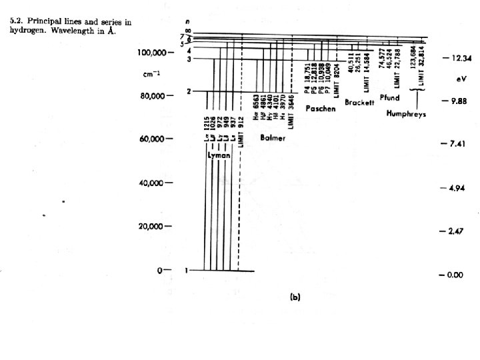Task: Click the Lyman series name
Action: pos(219,155)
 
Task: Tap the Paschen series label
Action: pos(319,108)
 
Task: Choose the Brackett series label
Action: pos(359,103)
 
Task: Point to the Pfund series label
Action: pos(389,97)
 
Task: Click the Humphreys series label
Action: pos(407,114)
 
